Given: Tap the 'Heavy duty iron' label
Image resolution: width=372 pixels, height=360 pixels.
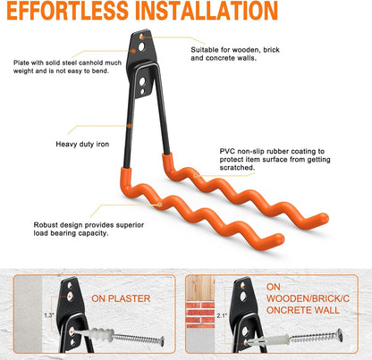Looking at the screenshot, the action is (82, 145).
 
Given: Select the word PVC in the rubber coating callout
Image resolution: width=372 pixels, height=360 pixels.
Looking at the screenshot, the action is (227, 151).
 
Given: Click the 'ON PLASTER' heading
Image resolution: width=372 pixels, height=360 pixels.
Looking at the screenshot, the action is (121, 298).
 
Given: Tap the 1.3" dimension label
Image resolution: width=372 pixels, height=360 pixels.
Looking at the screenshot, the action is (49, 315).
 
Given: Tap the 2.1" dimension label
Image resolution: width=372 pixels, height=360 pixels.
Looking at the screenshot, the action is (222, 315).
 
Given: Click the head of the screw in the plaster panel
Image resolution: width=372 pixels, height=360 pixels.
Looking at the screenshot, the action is (162, 341).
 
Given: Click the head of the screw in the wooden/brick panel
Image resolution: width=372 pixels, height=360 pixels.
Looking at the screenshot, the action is (339, 335).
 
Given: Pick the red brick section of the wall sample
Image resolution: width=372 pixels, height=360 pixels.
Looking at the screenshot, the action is (200, 314).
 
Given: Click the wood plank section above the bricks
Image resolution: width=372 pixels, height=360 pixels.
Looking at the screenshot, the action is (200, 288).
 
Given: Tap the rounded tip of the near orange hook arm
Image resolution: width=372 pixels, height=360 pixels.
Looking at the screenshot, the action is (278, 239).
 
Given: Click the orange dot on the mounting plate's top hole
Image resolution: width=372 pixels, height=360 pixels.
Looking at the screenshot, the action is (142, 37).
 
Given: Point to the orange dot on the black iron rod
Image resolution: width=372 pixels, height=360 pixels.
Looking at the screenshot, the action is (130, 126).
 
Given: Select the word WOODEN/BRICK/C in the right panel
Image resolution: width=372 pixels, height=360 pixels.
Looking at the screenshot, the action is (308, 298).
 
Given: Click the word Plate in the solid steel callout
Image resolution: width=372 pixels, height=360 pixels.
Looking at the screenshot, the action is (21, 63).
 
